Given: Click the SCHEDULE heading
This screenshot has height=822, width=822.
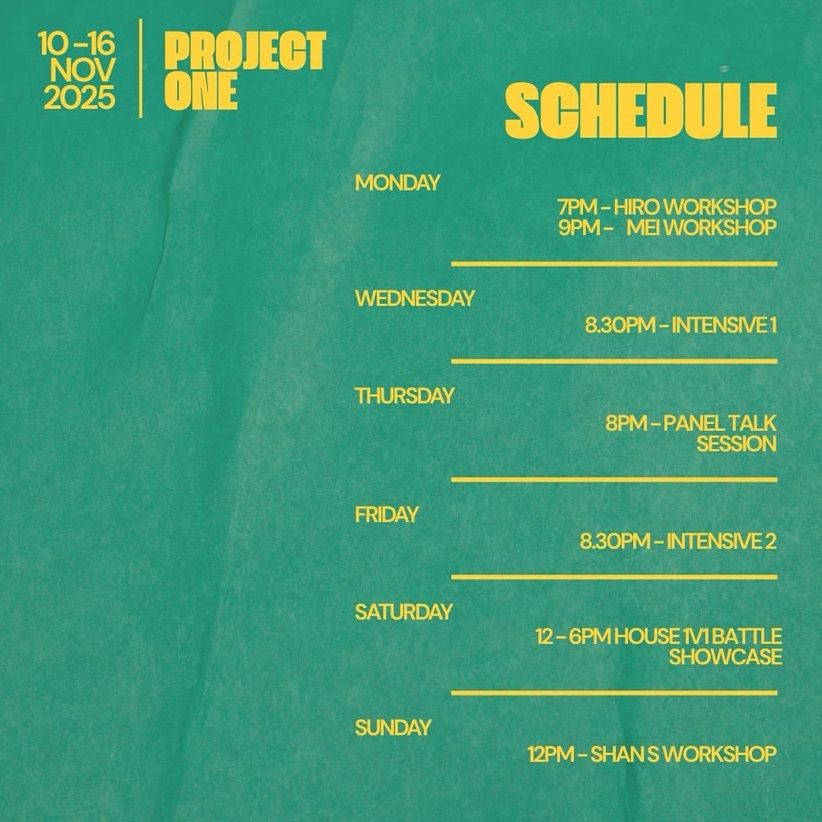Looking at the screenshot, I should [x=641, y=113].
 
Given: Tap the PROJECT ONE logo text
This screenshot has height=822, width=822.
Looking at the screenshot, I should [x=244, y=71].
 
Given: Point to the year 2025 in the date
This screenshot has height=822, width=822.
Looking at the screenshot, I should [x=79, y=99].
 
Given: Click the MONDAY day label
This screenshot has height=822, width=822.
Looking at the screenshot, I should [x=397, y=183].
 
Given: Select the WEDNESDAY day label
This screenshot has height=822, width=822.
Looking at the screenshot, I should [x=414, y=298].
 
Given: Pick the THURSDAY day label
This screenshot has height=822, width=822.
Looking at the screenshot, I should [x=404, y=396].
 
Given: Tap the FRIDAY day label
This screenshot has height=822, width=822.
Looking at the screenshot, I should [x=387, y=515].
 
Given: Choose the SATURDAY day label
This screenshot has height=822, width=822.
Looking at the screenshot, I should [x=403, y=612].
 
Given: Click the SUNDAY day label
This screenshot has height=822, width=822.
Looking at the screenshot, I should [x=393, y=728].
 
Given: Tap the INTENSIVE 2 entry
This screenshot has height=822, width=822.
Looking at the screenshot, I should [x=721, y=541].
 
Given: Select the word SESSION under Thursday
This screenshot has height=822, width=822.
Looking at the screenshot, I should [x=736, y=444].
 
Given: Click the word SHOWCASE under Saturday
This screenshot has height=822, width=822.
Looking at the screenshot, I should [x=725, y=657].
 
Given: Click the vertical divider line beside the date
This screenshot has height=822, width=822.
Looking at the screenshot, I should [x=141, y=68].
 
